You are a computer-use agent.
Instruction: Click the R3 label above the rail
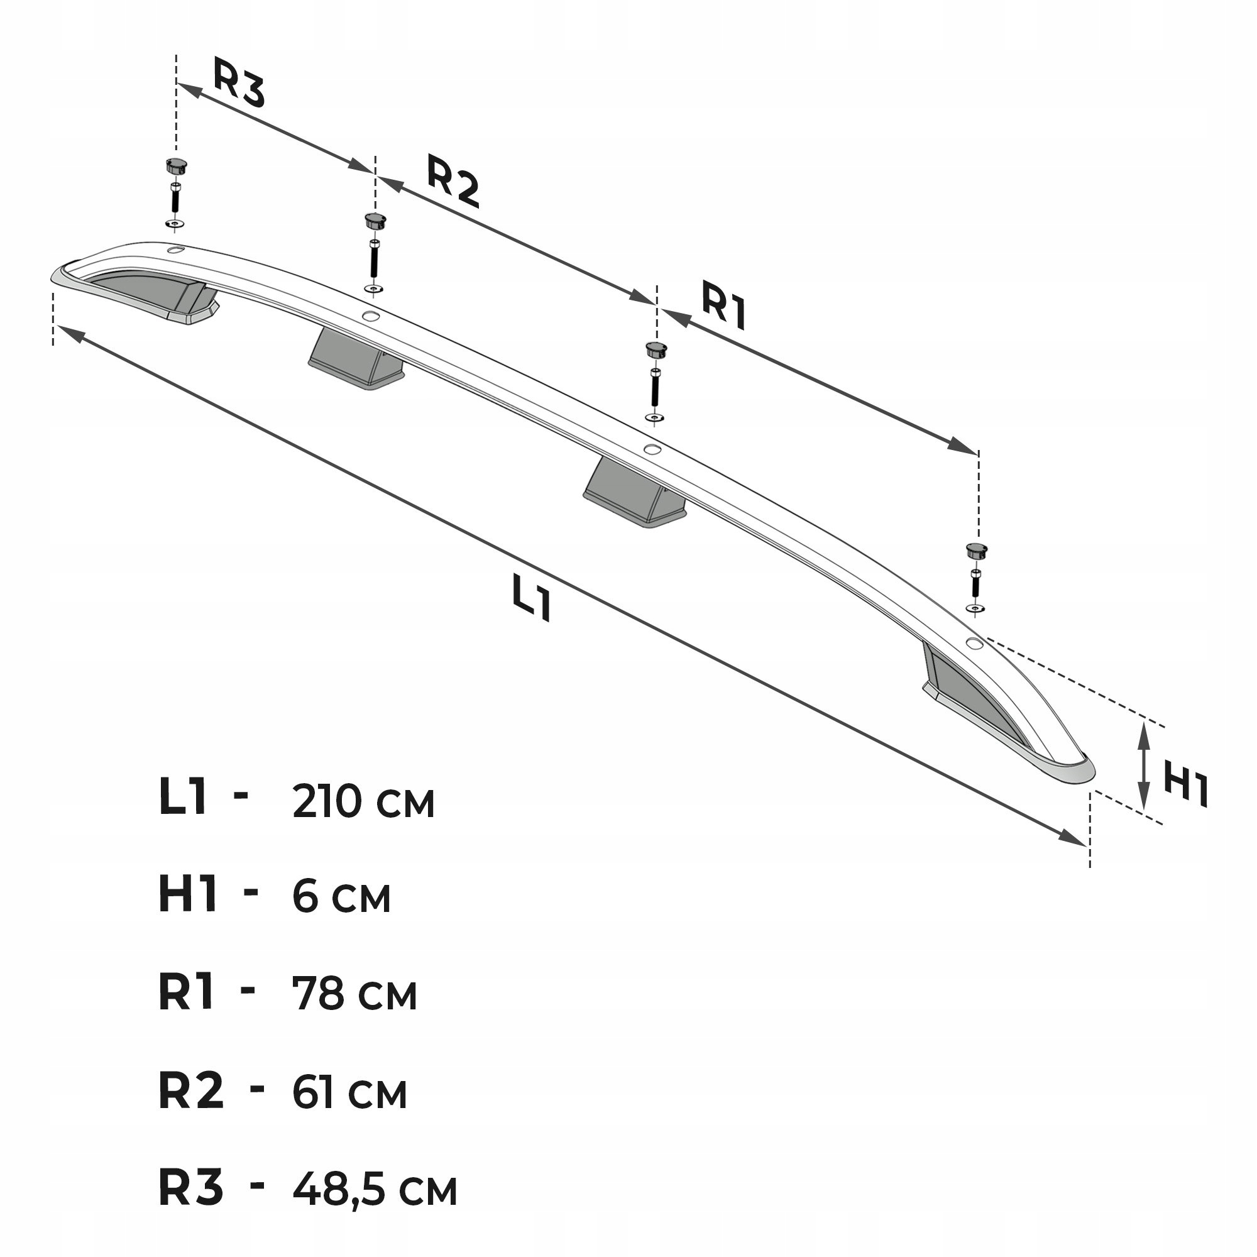[239, 82]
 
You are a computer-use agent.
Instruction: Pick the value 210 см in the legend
[363, 801]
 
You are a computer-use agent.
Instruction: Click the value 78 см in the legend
[354, 994]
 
